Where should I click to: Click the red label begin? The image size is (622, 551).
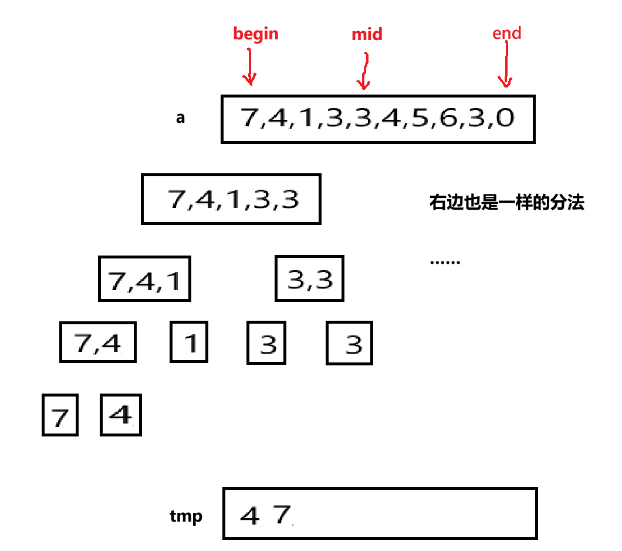256,34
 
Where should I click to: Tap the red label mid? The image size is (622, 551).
367,35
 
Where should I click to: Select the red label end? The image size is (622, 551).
507,33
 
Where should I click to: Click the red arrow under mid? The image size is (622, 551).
364,72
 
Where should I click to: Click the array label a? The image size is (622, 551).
181,117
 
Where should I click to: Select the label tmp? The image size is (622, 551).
186,516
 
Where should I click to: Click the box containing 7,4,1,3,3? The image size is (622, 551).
231,199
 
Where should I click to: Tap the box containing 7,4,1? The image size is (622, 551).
144,278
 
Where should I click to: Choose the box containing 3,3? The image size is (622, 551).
309,278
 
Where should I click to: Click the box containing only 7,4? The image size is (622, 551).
98,342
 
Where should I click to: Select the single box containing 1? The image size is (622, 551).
189,342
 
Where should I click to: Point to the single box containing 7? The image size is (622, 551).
60,415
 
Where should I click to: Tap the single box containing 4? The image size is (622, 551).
121,415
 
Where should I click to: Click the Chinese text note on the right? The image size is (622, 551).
507,203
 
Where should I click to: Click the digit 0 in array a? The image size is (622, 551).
504,119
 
